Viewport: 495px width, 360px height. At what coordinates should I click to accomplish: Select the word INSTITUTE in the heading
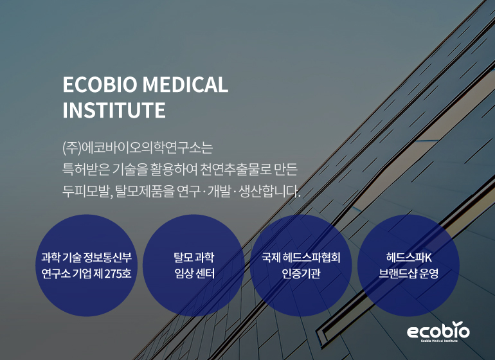(x=114, y=110)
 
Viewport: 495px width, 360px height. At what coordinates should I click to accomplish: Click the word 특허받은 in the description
(x=84, y=170)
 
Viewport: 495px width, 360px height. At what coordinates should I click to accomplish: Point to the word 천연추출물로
(x=235, y=170)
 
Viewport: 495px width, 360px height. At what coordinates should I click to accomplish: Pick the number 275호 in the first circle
(x=116, y=274)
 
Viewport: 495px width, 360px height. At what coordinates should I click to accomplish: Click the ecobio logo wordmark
(x=438, y=331)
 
